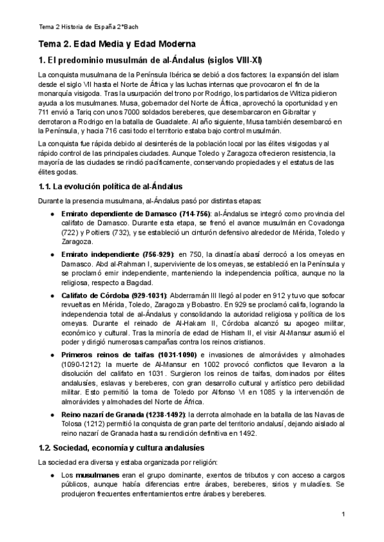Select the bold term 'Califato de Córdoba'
[x=95, y=295]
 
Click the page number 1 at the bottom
[x=343, y=515]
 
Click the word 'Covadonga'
[x=326, y=224]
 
